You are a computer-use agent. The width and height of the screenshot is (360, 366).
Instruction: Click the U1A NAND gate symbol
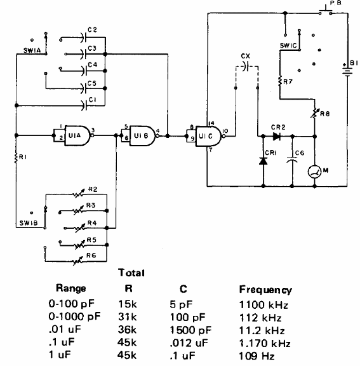click(77, 135)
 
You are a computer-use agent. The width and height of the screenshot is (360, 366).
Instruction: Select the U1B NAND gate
click(142, 136)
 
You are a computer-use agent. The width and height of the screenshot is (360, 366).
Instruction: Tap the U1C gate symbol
click(208, 136)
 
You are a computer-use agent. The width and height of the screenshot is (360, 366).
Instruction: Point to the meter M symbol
click(314, 172)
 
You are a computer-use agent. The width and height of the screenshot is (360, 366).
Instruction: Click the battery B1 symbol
click(347, 71)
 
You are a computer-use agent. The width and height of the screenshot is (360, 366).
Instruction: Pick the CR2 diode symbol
click(277, 137)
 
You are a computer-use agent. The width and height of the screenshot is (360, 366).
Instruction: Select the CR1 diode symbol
click(263, 161)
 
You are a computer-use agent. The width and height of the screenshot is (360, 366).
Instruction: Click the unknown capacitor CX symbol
click(247, 66)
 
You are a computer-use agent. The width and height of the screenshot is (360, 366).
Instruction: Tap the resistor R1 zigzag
click(16, 158)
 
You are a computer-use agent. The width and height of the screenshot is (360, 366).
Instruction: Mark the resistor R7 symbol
click(280, 81)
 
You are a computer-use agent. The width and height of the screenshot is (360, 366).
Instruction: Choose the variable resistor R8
click(315, 112)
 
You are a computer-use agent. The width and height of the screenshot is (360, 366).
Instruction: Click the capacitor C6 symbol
click(292, 159)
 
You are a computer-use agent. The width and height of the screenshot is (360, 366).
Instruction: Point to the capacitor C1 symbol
click(84, 105)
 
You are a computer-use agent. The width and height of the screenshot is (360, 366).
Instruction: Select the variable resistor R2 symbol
click(77, 194)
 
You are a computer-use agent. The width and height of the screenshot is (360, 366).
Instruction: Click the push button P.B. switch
click(326, 11)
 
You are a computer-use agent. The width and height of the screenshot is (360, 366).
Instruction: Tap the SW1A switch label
click(32, 50)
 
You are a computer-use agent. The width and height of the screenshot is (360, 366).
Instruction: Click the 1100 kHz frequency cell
click(263, 305)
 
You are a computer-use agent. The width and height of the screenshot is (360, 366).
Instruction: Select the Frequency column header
click(265, 290)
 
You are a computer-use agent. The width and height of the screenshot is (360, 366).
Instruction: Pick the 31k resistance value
click(128, 317)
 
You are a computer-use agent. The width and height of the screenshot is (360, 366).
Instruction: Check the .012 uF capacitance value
click(189, 343)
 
